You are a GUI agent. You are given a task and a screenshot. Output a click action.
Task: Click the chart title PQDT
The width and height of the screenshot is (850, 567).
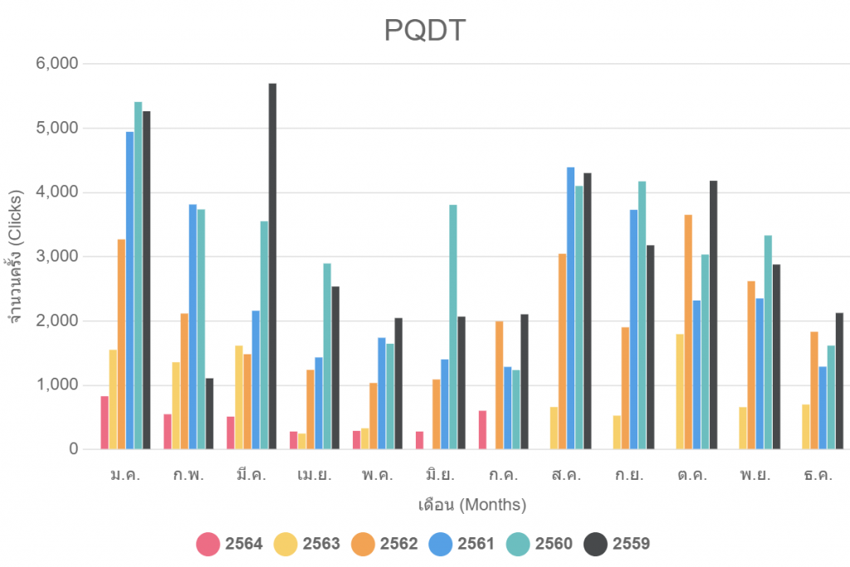click(425, 31)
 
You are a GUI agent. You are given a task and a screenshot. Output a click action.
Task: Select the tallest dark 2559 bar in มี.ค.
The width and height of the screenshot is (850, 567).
click(272, 266)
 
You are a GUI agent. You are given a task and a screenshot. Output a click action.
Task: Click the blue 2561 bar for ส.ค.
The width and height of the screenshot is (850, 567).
click(570, 308)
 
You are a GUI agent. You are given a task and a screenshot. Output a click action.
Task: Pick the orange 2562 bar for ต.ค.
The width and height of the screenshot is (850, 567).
click(688, 332)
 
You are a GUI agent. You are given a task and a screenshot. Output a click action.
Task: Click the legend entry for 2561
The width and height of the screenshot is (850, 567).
click(462, 545)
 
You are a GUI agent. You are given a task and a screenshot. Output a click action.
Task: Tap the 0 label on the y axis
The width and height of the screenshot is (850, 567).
click(72, 449)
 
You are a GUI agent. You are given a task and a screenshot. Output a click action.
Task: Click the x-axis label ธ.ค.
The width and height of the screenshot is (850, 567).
click(818, 476)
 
